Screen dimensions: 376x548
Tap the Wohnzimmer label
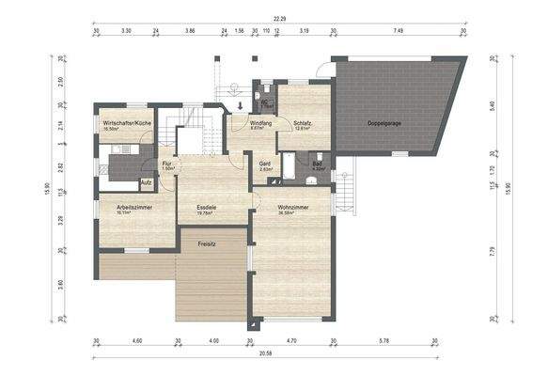(x=293, y=208)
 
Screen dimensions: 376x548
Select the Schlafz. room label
(x=303, y=123)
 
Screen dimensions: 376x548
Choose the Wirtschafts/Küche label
(x=126, y=123)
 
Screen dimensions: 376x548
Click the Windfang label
(x=260, y=123)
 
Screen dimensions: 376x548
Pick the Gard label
(x=265, y=163)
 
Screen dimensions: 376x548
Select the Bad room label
(x=317, y=163)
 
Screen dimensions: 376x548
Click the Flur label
(x=166, y=163)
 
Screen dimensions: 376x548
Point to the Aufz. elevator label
(x=147, y=182)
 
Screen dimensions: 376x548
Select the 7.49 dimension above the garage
(x=399, y=31)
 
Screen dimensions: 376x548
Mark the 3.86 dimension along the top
(x=190, y=31)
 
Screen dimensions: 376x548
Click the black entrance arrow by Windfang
(x=241, y=105)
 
